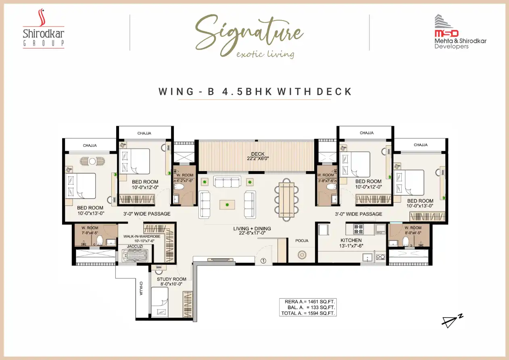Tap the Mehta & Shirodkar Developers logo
460,32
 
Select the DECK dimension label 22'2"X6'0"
258,158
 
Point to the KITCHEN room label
351,240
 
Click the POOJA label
302,241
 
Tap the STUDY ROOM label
171,279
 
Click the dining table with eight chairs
286,200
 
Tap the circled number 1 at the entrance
263,261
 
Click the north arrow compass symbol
452,321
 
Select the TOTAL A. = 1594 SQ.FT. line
308,313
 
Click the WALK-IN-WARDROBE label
142,236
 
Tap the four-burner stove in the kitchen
359,229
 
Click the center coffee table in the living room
227,205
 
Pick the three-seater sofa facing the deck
227,182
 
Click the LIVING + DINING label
252,228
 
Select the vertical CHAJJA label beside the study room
141,289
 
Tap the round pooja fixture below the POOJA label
302,255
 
